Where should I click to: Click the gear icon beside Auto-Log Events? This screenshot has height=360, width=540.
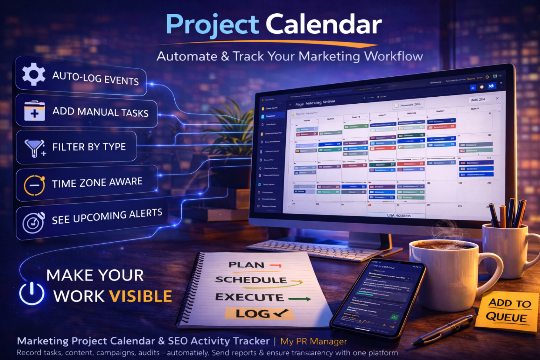33,74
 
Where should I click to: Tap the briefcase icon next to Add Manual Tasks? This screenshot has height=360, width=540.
34,111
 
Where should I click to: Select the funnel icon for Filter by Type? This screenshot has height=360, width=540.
34,147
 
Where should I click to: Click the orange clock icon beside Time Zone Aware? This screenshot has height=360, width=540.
34,184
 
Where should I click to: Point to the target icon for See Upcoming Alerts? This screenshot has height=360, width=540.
34,222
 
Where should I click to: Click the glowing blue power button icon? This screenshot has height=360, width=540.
32,293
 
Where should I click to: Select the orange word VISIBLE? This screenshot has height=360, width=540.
141,296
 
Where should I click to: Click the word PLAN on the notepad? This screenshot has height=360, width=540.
246,265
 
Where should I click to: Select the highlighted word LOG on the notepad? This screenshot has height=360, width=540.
254,314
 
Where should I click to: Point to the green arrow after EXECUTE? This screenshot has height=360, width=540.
299,299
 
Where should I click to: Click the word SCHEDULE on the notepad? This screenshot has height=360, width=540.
251,280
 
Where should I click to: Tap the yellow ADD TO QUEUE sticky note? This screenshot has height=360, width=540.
508,311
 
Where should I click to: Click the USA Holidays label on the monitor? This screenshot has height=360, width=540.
399,215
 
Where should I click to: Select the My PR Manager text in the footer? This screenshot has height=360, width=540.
313,341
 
